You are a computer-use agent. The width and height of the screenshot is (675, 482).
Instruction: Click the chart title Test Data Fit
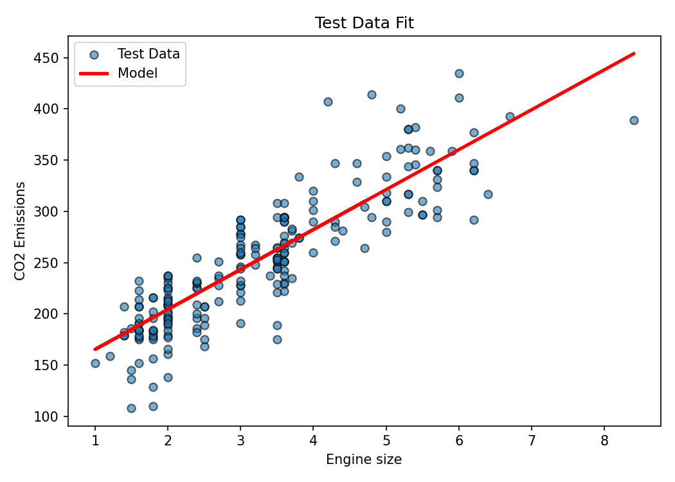[364, 23]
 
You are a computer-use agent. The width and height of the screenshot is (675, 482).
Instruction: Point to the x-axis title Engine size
[364, 460]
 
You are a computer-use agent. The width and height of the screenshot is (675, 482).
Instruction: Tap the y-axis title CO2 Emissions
[21, 231]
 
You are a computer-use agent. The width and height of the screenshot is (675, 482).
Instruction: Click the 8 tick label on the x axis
[604, 440]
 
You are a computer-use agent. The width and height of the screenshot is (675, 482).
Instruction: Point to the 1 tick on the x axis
[95, 426]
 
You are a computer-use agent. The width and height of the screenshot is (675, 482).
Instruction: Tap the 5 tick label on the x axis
[386, 440]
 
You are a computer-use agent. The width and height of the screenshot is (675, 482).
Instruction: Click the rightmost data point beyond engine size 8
[634, 120]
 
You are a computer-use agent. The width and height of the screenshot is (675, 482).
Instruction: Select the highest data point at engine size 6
[459, 73]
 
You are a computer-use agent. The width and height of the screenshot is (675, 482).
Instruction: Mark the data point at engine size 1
[95, 363]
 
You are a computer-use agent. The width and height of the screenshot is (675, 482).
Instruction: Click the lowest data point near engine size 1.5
[131, 408]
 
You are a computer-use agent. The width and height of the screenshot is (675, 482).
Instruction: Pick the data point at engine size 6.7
[510, 116]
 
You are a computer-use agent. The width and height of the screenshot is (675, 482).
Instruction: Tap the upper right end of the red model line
[634, 53]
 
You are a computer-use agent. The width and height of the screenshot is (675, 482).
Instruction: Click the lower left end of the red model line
[95, 350]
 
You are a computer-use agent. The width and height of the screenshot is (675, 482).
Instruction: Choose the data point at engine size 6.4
[488, 194]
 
